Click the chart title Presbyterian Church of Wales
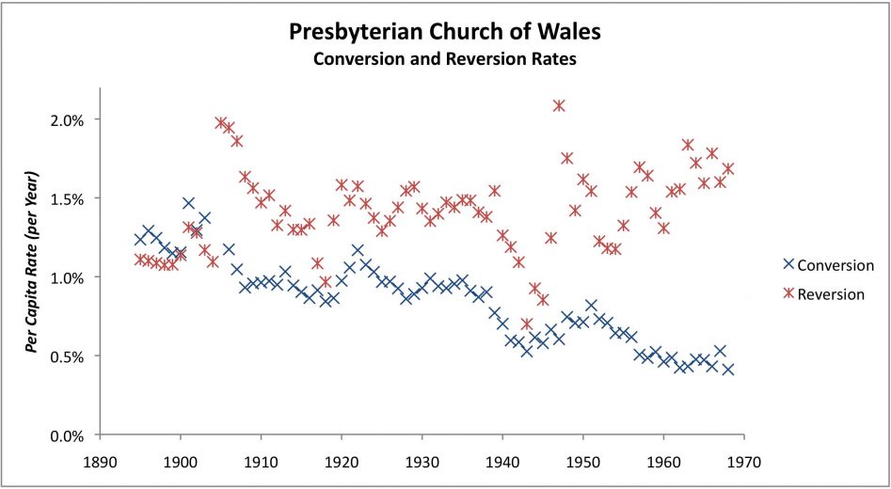click(x=444, y=33)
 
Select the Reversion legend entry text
click(x=830, y=294)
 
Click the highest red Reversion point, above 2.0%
click(x=559, y=105)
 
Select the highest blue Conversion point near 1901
click(x=189, y=203)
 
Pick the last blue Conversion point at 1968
click(x=728, y=370)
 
